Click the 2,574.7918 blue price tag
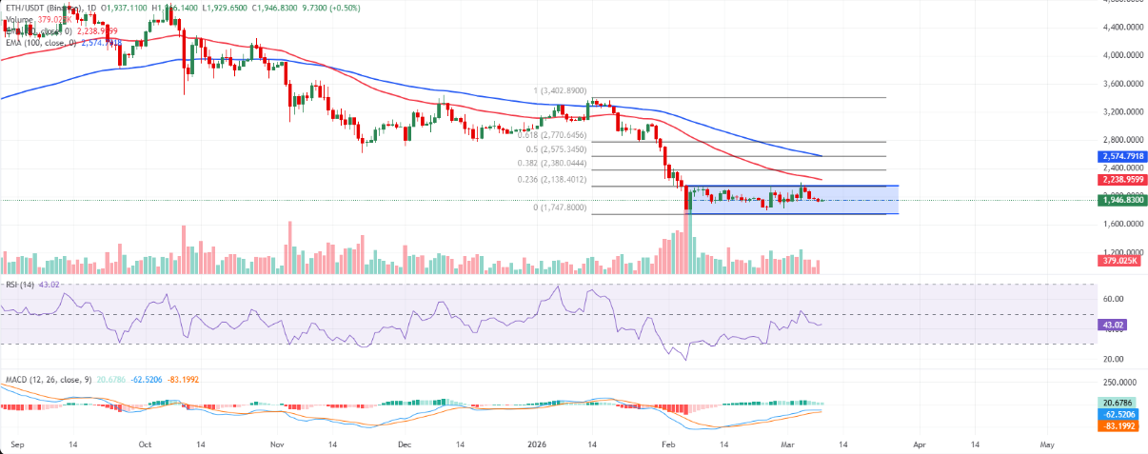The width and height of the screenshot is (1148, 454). coord(1120,156)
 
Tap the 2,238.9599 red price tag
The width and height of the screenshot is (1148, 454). coord(1120,179)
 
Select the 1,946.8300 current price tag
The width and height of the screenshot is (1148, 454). coord(1120,201)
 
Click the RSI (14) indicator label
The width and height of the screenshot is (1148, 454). coord(20,285)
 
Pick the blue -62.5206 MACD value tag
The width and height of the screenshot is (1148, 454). coord(1120,416)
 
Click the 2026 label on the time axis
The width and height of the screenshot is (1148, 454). coord(535,444)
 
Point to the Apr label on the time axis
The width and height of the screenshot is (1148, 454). coord(919,444)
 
